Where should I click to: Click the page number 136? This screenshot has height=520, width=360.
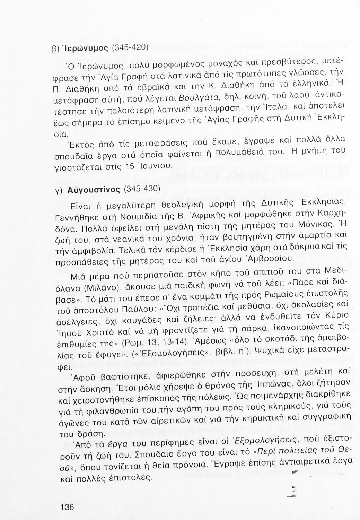(67, 507)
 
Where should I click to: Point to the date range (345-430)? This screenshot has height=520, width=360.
(140, 189)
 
